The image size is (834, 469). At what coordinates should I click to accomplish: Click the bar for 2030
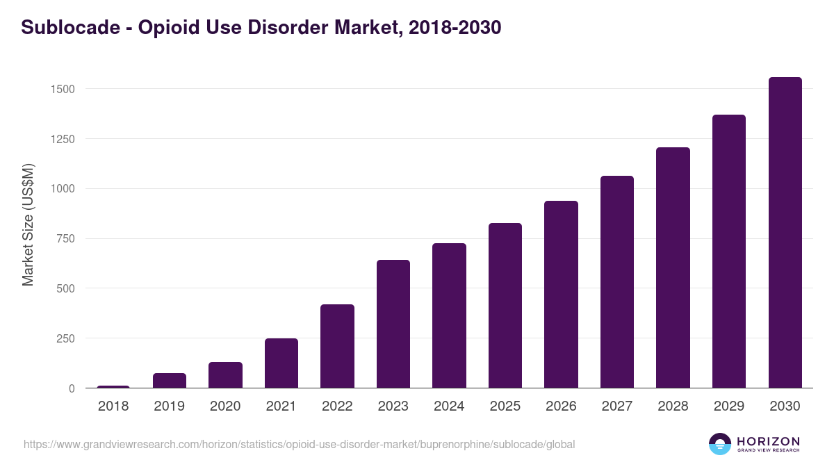pyautogui.click(x=785, y=233)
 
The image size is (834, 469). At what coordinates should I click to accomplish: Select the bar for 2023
pyautogui.click(x=393, y=324)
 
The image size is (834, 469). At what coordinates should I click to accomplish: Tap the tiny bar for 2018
pyautogui.click(x=113, y=386)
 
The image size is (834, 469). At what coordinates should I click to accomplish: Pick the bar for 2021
pyautogui.click(x=281, y=363)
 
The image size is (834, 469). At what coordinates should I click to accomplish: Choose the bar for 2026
pyautogui.click(x=561, y=295)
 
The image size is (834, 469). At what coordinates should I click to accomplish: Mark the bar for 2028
pyautogui.click(x=673, y=268)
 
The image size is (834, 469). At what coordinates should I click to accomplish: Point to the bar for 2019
pyautogui.click(x=170, y=381)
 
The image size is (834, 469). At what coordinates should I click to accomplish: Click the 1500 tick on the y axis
pyautogui.click(x=62, y=89)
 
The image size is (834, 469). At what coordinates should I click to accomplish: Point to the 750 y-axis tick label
pyautogui.click(x=65, y=238)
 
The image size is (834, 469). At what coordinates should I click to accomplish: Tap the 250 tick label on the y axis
pyautogui.click(x=65, y=338)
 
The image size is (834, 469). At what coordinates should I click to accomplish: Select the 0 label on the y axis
pyautogui.click(x=72, y=388)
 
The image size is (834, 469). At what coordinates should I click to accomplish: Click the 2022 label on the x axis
pyautogui.click(x=337, y=406)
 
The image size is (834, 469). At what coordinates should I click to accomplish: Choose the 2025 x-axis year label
pyautogui.click(x=505, y=406)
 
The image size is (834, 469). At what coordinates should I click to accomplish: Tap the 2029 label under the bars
pyautogui.click(x=729, y=406)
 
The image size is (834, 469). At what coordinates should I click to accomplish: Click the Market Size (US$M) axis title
pyautogui.click(x=28, y=224)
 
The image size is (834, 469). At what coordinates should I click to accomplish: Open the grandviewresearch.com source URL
pyautogui.click(x=299, y=444)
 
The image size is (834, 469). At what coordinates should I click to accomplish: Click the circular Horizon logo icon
pyautogui.click(x=720, y=444)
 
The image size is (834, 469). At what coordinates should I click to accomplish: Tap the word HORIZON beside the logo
pyautogui.click(x=768, y=441)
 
